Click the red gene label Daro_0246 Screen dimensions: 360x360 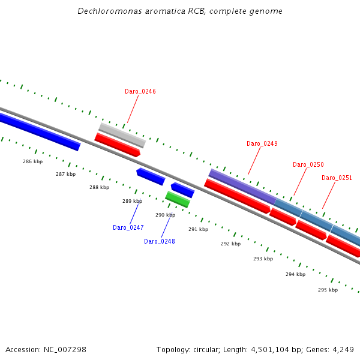140,91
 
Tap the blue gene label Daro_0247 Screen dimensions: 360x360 128,227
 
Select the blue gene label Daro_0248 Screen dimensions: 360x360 160,241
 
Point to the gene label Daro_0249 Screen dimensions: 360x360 262,143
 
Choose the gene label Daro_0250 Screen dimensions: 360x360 308,164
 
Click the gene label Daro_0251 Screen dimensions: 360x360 337,178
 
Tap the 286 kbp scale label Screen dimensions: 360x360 33,161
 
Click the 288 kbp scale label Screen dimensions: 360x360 100,187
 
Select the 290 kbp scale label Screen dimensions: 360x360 165,214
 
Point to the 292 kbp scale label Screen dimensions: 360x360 230,244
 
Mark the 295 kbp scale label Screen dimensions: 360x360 328,290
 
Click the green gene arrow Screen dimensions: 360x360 178,199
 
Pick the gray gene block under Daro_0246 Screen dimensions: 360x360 122,135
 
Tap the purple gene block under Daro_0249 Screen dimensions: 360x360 242,186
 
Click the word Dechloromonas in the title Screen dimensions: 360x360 103,11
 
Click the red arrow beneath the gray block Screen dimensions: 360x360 118,145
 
